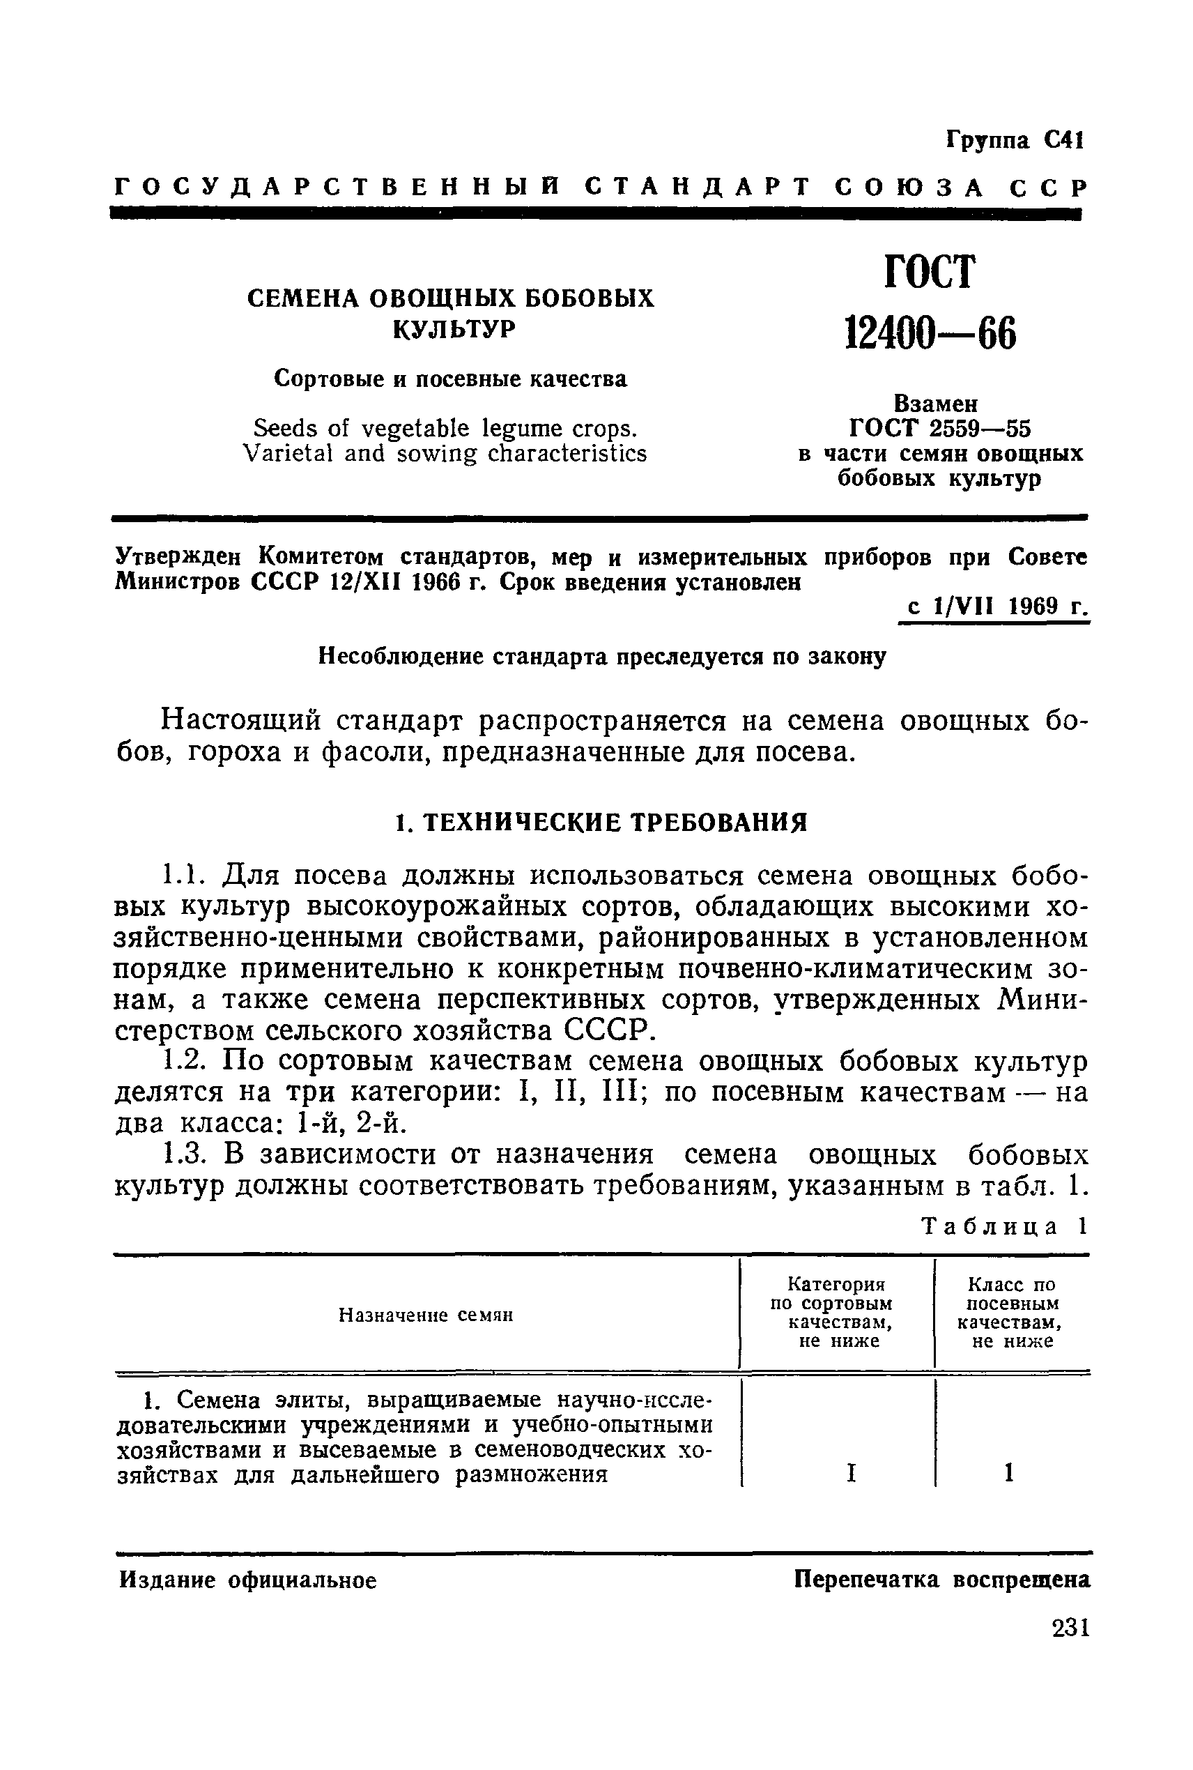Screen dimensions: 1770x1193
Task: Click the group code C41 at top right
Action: coord(1063,141)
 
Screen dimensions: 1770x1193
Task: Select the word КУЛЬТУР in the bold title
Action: coord(454,330)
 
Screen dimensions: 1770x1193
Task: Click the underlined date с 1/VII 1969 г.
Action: coord(995,607)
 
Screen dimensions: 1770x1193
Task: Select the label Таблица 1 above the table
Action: coord(1004,1227)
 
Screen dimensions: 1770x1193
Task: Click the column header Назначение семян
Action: coord(425,1315)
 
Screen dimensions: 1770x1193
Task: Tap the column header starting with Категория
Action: coord(836,1285)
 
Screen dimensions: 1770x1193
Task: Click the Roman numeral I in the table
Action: coord(851,1474)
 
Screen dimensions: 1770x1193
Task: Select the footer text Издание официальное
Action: coord(248,1581)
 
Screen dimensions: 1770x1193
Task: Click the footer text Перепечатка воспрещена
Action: coord(942,1580)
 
